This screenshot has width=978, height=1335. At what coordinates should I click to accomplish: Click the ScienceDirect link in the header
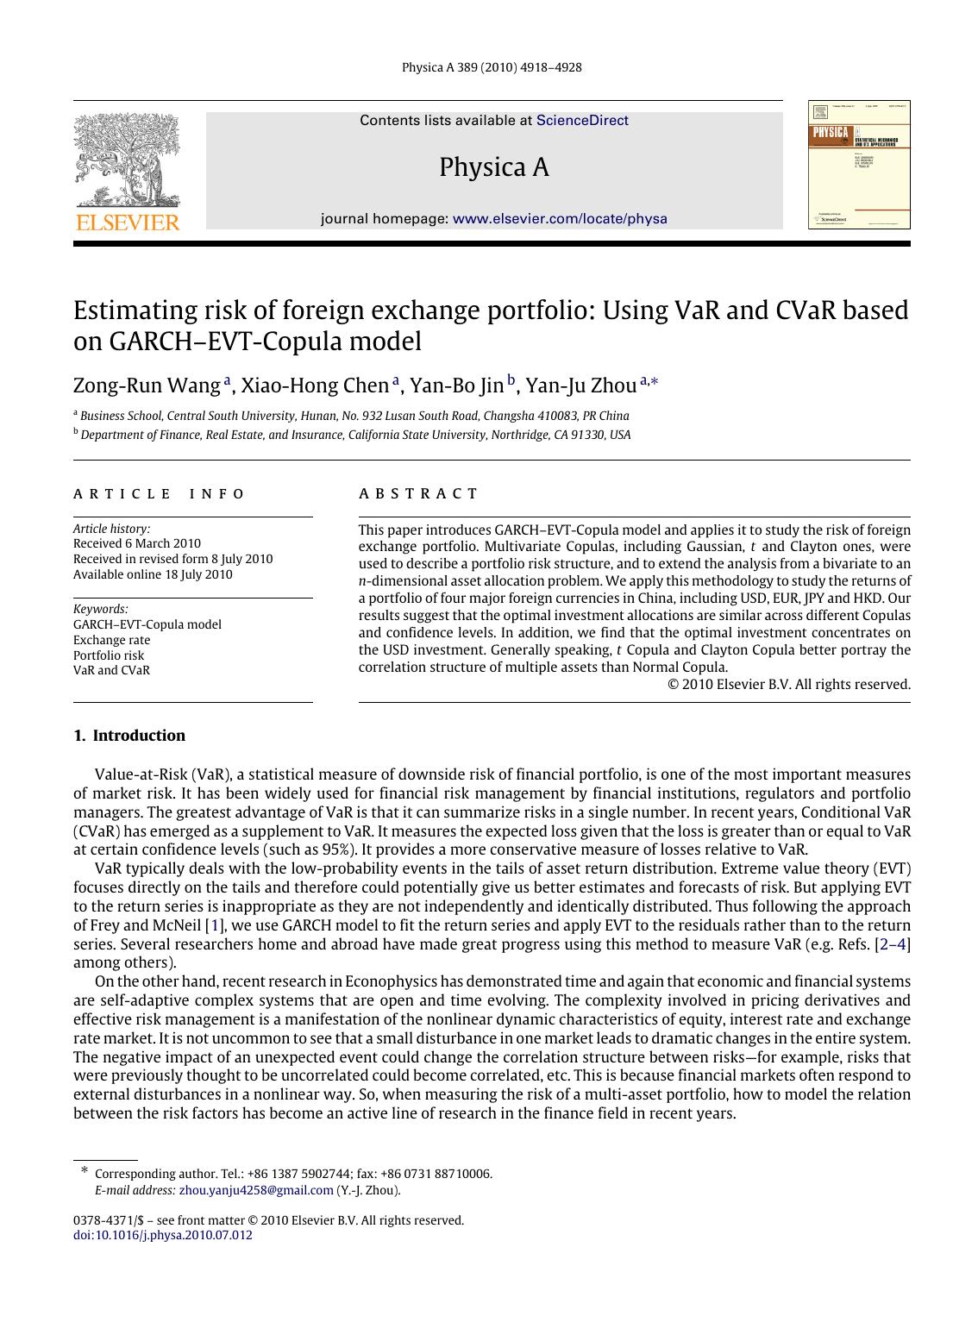[x=582, y=121]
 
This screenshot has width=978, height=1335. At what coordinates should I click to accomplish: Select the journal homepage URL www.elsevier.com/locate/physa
[x=560, y=219]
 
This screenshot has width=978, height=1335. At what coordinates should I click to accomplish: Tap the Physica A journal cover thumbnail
[x=858, y=165]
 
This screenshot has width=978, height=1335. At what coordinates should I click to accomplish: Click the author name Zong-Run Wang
[x=147, y=385]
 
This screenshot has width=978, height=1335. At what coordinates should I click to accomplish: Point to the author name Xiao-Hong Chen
[x=315, y=385]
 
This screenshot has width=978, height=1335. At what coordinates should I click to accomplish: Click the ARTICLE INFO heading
[x=160, y=494]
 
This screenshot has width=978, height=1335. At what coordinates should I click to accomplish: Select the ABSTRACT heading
[x=418, y=494]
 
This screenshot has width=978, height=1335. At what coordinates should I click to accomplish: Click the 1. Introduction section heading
[x=129, y=736]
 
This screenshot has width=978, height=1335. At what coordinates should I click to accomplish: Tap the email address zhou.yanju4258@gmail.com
[x=256, y=1190]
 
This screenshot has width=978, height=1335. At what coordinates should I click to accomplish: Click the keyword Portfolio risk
[x=109, y=655]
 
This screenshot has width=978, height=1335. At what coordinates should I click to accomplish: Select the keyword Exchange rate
[x=111, y=640]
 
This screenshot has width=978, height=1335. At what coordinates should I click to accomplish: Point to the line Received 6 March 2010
[x=137, y=543]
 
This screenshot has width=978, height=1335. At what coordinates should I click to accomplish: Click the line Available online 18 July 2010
[x=153, y=574]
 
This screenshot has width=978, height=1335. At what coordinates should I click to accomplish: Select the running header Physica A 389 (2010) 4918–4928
[x=492, y=67]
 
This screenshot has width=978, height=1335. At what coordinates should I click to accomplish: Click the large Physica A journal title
[x=493, y=167]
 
